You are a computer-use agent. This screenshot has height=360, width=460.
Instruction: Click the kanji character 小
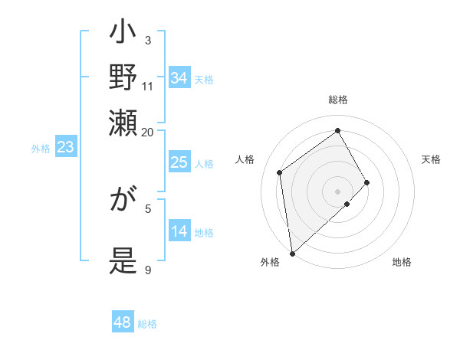[x=123, y=34]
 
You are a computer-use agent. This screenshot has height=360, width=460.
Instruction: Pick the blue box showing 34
[x=179, y=78]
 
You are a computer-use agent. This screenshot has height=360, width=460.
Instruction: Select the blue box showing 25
[x=179, y=162]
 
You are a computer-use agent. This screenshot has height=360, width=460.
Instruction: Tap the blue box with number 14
[x=179, y=231]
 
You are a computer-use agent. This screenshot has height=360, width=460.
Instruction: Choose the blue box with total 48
[x=123, y=322]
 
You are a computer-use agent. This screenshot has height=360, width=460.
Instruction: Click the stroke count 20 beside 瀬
[x=147, y=131]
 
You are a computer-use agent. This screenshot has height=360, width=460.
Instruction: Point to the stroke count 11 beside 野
[x=147, y=86]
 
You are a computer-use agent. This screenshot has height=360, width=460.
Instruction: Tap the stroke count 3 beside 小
[x=147, y=40]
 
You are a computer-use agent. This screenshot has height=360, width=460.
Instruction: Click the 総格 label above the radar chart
[x=337, y=100]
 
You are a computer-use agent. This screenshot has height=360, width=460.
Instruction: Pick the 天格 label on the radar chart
[x=431, y=159]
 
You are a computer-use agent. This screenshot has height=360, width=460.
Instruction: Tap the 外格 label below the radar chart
[x=269, y=263]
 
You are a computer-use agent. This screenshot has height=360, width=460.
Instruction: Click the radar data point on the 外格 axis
[x=292, y=253]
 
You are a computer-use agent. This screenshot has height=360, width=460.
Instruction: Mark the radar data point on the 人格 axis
[x=280, y=172]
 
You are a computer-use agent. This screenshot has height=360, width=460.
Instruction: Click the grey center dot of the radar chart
[x=337, y=190]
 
